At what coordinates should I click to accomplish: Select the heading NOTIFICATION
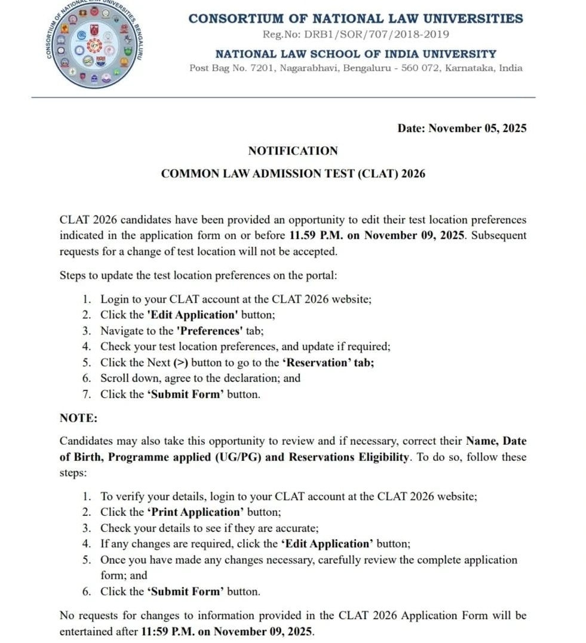coord(293,151)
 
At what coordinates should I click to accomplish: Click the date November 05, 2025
coord(477,128)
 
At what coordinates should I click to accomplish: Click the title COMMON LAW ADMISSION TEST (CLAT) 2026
coord(293,174)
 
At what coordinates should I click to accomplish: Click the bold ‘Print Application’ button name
coord(195,512)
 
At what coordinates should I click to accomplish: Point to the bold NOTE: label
coord(78,418)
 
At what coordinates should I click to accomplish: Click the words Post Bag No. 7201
coord(230,68)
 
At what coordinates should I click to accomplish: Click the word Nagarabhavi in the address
coord(306,68)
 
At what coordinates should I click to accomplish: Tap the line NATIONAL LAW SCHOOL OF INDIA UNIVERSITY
coord(355,54)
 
